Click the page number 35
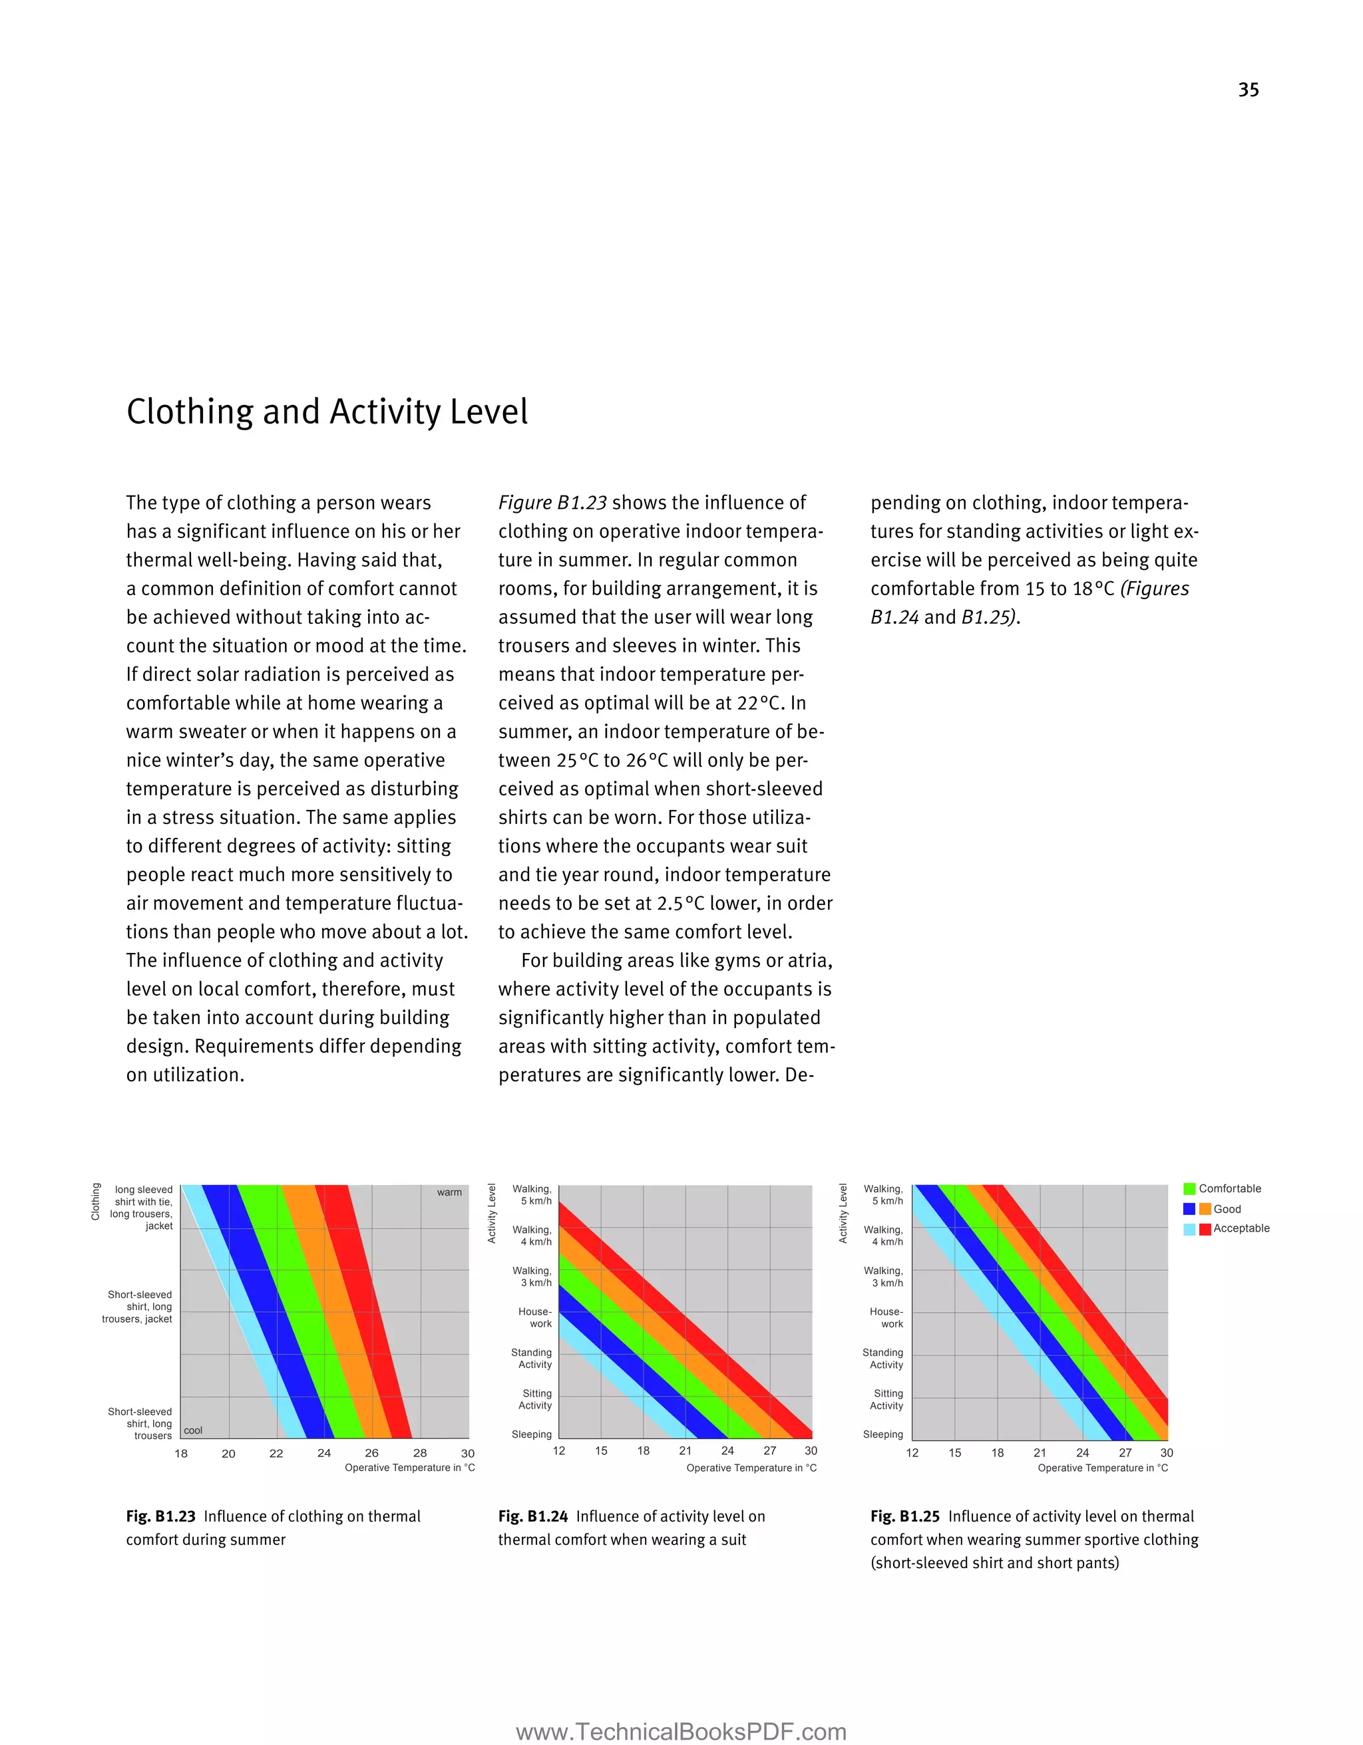[x=1248, y=90]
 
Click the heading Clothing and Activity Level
[x=327, y=412]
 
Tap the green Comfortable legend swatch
[x=1189, y=1189]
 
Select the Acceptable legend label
[x=1241, y=1228]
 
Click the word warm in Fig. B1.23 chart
[x=449, y=1192]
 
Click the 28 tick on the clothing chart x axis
[x=420, y=1453]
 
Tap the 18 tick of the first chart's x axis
[x=182, y=1453]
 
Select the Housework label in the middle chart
[x=536, y=1317]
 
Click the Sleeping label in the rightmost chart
[x=882, y=1434]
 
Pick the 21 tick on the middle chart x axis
[x=685, y=1450]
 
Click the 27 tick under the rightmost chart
[x=1125, y=1452]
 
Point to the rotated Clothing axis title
[x=96, y=1202]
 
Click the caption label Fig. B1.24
[x=532, y=1516]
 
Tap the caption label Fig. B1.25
[x=905, y=1516]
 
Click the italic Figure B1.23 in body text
[x=552, y=503]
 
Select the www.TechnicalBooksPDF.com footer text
[x=681, y=1732]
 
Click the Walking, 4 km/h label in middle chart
[x=532, y=1235]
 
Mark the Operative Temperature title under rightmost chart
[x=1102, y=1468]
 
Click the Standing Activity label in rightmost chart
[x=882, y=1358]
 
